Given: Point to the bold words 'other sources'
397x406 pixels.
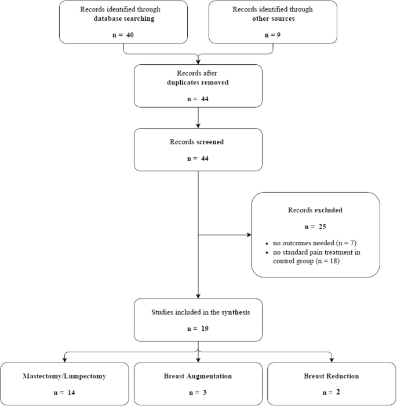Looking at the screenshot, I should click(x=257, y=18).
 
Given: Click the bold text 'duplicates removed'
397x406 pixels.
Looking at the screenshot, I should click(x=199, y=83).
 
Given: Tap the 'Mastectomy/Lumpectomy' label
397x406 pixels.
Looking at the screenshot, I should click(x=65, y=376).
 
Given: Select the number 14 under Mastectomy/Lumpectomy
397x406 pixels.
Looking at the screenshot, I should click(x=71, y=393).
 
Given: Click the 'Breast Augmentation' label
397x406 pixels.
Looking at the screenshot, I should click(x=199, y=376).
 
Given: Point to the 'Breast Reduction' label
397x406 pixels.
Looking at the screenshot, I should click(x=331, y=376).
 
